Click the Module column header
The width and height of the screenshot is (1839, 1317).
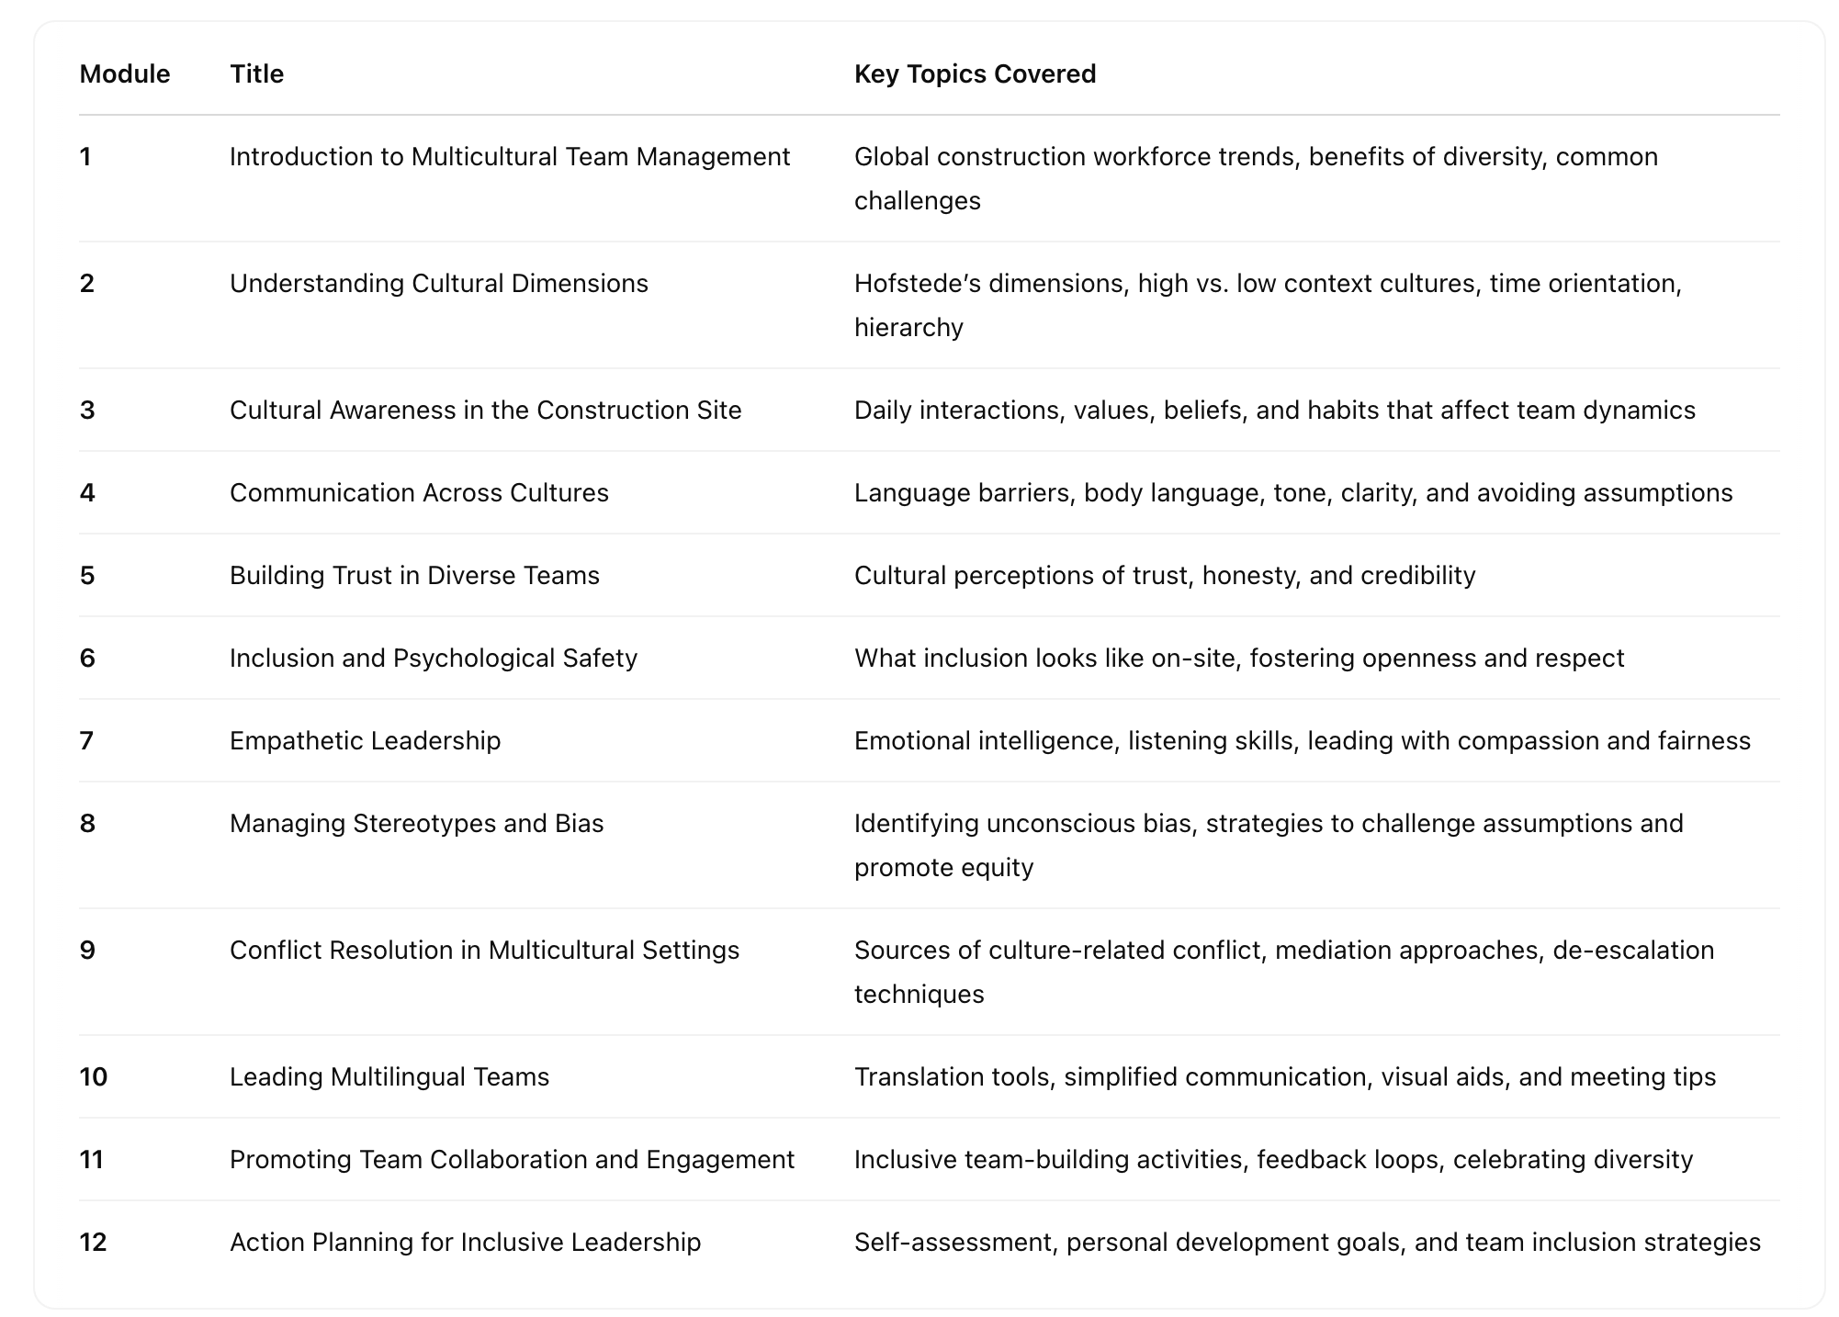(124, 73)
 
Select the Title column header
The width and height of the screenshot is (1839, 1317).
(256, 73)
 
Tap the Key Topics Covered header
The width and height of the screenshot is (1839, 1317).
(975, 73)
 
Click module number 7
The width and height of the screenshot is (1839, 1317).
(86, 740)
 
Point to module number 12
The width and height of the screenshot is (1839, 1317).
(93, 1242)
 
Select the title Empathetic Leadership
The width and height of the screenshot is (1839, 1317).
(365, 740)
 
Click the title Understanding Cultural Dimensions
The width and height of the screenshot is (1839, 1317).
(438, 283)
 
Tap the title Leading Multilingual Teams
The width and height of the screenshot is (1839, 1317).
(389, 1076)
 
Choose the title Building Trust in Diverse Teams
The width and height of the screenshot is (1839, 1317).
(414, 575)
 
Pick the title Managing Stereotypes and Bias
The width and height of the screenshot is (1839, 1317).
(416, 823)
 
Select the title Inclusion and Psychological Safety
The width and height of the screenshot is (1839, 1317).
(433, 658)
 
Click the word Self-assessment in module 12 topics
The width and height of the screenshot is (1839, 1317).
(953, 1242)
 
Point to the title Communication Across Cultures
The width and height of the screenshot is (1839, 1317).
(419, 492)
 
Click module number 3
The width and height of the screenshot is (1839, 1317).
(87, 410)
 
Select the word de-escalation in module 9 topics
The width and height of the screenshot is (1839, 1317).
(1633, 950)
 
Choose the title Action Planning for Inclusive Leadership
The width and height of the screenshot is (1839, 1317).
(465, 1242)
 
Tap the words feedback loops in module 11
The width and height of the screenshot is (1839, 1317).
(1348, 1159)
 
